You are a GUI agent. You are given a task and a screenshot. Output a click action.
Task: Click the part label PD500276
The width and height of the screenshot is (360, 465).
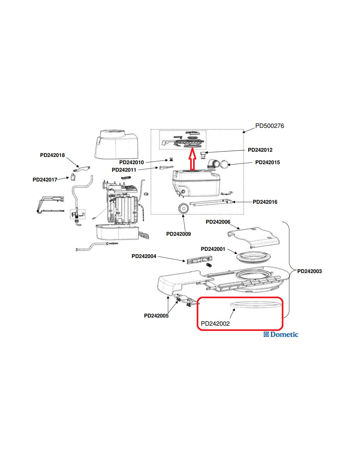(269, 126)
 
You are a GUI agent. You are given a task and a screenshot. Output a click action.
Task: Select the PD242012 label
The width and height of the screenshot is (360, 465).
(260, 150)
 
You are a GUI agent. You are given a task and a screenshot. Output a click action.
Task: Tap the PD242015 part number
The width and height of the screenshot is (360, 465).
(267, 162)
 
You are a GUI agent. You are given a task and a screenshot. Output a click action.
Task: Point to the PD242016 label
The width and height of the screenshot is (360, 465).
(265, 202)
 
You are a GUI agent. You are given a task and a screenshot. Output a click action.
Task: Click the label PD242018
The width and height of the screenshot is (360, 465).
(52, 155)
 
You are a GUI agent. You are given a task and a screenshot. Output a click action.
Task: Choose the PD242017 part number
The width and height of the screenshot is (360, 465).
(45, 180)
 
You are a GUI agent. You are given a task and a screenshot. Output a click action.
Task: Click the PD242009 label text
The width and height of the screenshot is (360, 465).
(178, 234)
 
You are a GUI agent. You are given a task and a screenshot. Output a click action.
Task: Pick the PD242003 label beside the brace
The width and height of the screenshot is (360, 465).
(310, 271)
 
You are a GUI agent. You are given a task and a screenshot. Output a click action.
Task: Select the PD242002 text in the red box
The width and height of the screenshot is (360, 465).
(215, 323)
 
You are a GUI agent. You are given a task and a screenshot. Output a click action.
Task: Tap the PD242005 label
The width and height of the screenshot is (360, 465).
(156, 316)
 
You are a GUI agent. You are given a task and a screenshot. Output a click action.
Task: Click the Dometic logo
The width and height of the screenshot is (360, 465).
(281, 335)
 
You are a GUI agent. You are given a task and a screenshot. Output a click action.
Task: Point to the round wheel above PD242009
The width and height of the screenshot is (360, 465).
(183, 208)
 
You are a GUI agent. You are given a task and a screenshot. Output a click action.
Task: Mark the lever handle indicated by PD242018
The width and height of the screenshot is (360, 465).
(82, 169)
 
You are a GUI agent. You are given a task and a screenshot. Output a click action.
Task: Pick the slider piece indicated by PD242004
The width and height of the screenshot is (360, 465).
(199, 260)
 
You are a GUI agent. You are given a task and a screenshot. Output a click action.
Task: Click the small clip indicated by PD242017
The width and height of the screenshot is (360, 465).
(73, 177)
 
